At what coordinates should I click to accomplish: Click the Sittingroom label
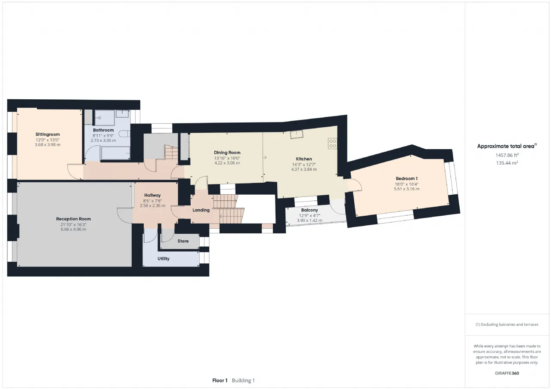pyautogui.click(x=47, y=135)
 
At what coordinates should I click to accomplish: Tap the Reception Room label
pyautogui.click(x=73, y=219)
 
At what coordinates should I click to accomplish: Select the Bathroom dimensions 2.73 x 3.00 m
pyautogui.click(x=103, y=141)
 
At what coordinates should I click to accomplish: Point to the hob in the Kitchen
pyautogui.click(x=333, y=144)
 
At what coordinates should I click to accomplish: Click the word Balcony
pyautogui.click(x=310, y=210)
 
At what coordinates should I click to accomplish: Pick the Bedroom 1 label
pyautogui.click(x=407, y=178)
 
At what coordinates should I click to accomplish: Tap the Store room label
pyautogui.click(x=183, y=241)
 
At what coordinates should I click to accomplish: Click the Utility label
pyautogui.click(x=163, y=259)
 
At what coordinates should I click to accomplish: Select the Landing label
pyautogui.click(x=201, y=210)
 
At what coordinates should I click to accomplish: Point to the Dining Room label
pyautogui.click(x=227, y=153)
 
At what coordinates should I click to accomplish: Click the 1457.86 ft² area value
pyautogui.click(x=507, y=155)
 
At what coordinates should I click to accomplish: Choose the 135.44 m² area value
pyautogui.click(x=507, y=163)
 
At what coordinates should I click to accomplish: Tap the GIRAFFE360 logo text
pyautogui.click(x=507, y=373)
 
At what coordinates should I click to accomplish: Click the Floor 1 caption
pyautogui.click(x=220, y=380)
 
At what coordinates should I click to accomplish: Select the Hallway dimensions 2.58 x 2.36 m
pyautogui.click(x=152, y=205)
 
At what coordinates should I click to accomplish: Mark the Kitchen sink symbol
pyautogui.click(x=297, y=135)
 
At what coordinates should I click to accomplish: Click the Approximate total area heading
pyautogui.click(x=507, y=146)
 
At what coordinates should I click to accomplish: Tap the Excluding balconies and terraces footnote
pyautogui.click(x=507, y=325)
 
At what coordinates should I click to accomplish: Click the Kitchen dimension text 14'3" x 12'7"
pyautogui.click(x=304, y=165)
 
